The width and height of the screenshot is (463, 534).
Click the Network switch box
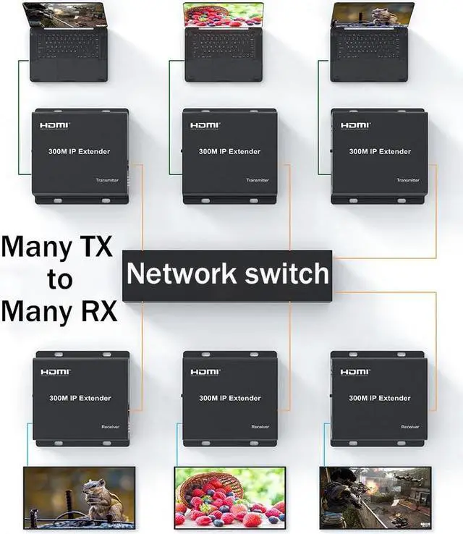pos(227,275)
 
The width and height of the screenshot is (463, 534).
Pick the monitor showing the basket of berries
pos(229,496)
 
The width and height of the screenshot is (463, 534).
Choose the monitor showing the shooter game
pos(375,496)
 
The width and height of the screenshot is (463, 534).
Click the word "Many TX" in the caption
pos(56,247)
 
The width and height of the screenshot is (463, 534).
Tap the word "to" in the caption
pos(59,279)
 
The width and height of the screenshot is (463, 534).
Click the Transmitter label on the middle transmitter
pos(258,180)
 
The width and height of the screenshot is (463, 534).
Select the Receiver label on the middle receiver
pos(260,427)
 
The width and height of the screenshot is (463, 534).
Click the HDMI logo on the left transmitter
pos(54,126)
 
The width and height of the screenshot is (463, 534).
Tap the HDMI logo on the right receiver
pos(355,373)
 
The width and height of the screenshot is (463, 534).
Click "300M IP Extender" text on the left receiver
pos(80,399)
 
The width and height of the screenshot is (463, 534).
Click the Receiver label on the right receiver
pos(410,427)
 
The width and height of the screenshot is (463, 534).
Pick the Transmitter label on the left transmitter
pos(107,180)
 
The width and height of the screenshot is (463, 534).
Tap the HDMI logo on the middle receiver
pos(205,373)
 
